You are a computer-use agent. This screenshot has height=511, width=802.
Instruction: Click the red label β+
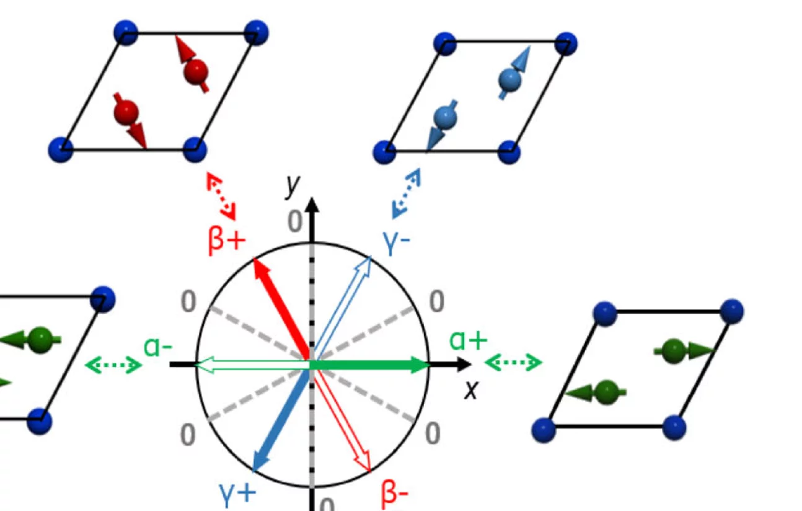227,241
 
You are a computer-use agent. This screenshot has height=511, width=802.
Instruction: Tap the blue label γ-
397,245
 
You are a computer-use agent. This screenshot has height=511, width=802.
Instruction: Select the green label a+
468,340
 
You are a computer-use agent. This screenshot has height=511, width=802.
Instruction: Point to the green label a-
157,347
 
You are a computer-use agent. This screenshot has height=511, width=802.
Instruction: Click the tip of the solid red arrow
255,261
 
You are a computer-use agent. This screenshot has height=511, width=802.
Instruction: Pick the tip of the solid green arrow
429,365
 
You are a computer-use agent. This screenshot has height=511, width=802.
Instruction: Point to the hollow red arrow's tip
370,471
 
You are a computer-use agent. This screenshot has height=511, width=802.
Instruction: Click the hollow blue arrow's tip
370,257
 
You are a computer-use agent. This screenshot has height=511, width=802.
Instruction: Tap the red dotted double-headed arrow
221,195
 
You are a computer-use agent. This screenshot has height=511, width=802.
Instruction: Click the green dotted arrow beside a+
513,362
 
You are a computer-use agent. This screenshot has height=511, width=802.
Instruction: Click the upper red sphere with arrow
194,69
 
